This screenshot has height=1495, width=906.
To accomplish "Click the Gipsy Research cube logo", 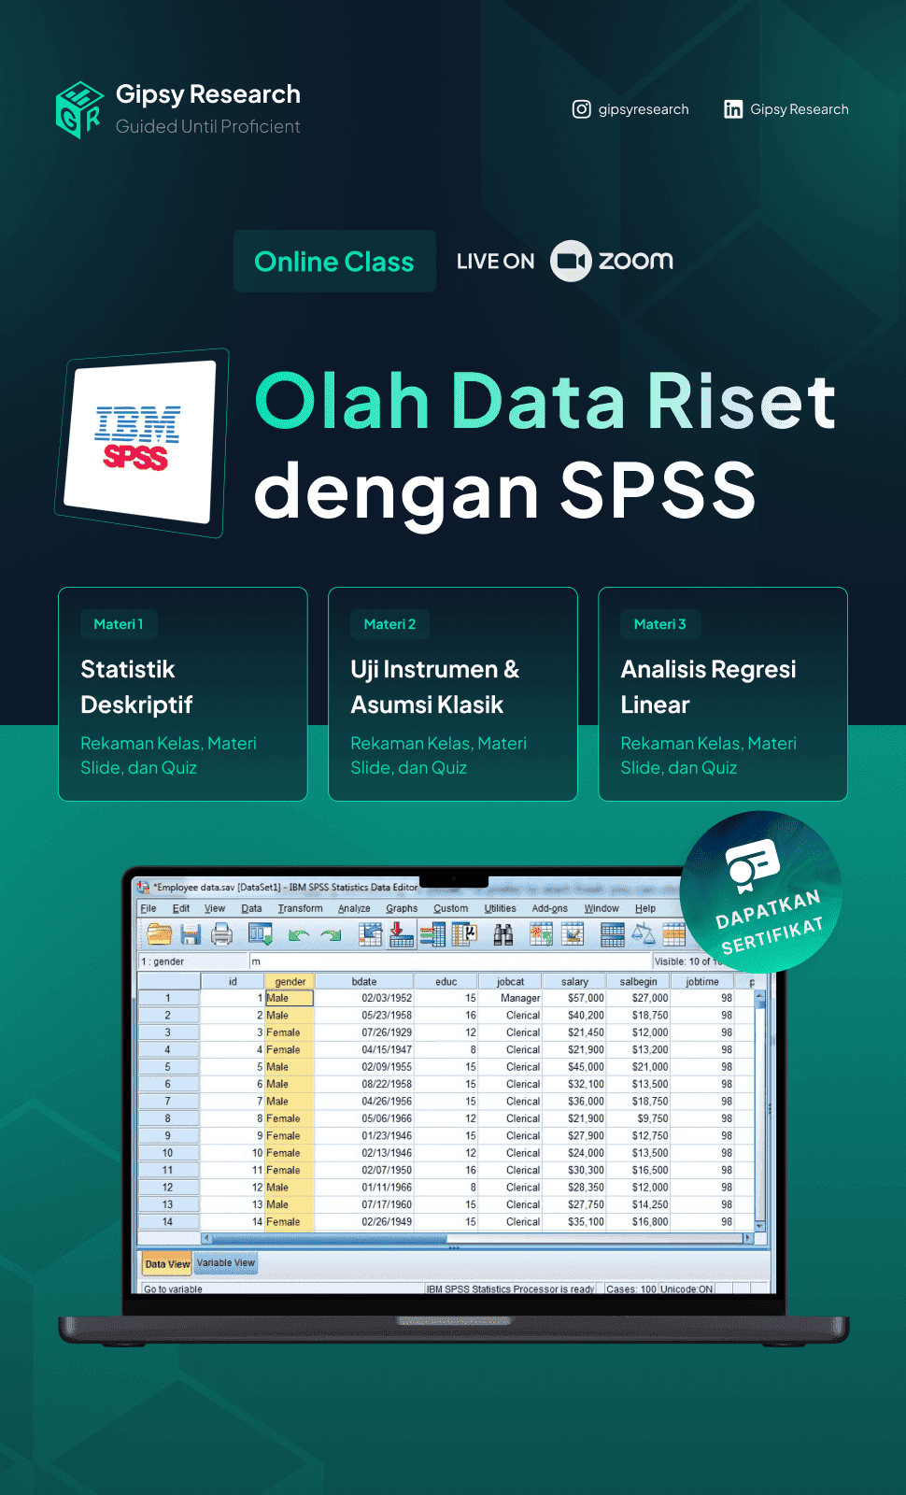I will coord(79,110).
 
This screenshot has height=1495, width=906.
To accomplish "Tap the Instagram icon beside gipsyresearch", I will coord(581,109).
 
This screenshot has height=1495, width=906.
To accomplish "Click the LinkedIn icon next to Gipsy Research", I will coord(733,109).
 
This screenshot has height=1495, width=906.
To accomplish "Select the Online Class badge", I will coord(334,262).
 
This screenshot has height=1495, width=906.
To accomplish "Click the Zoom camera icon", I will coord(571,261).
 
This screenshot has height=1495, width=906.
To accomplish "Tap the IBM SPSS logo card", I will coord(140,442).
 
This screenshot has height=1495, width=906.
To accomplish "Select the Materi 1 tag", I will coord(119,624).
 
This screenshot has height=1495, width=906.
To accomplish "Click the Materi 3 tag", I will coord(659,624).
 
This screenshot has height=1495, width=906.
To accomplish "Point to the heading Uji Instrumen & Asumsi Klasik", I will coord(434,687).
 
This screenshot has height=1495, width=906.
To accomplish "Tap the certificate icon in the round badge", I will coord(753,865).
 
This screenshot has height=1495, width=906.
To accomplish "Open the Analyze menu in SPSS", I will coord(354,908).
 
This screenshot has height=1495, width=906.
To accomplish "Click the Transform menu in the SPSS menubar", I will coord(300,908).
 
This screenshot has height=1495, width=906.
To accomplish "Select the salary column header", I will coord(574,981).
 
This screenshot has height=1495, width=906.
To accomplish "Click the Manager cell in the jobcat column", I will coord(520,998).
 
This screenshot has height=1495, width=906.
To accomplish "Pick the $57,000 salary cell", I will coord(586,998).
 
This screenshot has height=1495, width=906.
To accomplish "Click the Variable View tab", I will coord(225,1262).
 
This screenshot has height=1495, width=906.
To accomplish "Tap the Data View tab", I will coord(167,1263).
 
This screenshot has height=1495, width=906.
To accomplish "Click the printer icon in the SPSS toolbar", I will coord(221,933).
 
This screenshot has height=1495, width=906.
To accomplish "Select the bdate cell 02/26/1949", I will coord(387,1221).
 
